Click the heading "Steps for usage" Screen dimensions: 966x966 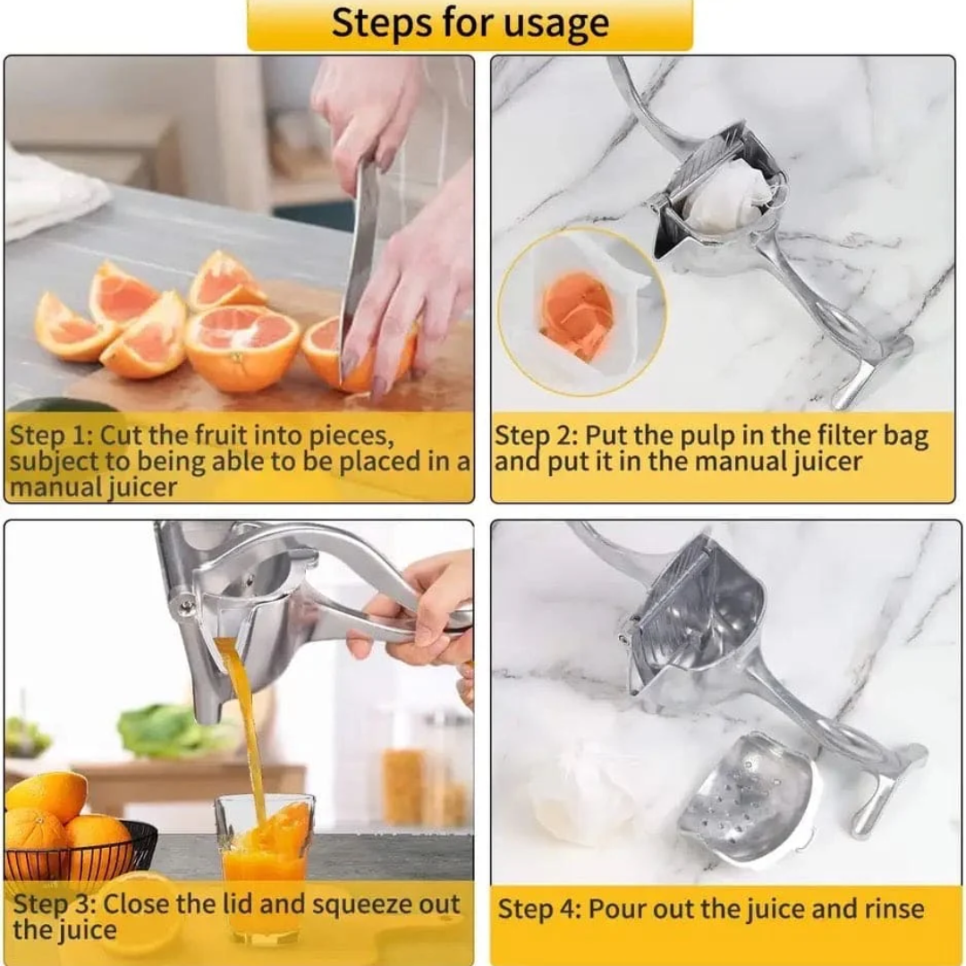(x=470, y=24)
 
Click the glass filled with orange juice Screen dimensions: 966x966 (x=265, y=859)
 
